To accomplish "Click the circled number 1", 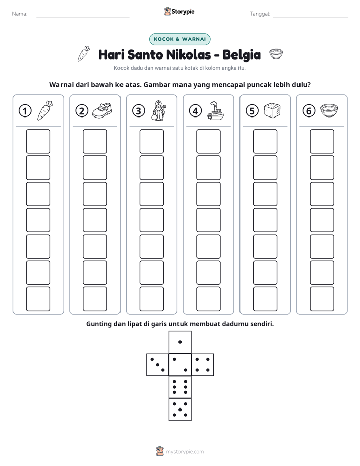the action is [25, 111].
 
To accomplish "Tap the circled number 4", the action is [195, 111].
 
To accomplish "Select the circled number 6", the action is [309, 111].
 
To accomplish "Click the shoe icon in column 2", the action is [102, 110].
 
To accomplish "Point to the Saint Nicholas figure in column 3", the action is [158, 110].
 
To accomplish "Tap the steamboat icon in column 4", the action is [216, 110].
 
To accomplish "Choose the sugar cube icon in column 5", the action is [272, 110].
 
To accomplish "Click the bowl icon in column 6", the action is [329, 110].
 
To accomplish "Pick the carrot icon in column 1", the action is [45, 110].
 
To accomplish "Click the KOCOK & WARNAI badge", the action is [179, 39].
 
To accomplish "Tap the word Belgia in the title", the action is [242, 55].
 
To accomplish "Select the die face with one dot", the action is [180, 342].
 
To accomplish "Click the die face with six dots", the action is [180, 387].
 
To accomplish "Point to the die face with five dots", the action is [180, 410].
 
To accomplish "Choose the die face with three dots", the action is [158, 364].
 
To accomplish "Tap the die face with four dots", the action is [203, 364].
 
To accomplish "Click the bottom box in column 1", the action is [38, 299].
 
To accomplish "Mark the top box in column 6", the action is [322, 141].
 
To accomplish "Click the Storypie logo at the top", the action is [179, 12].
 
